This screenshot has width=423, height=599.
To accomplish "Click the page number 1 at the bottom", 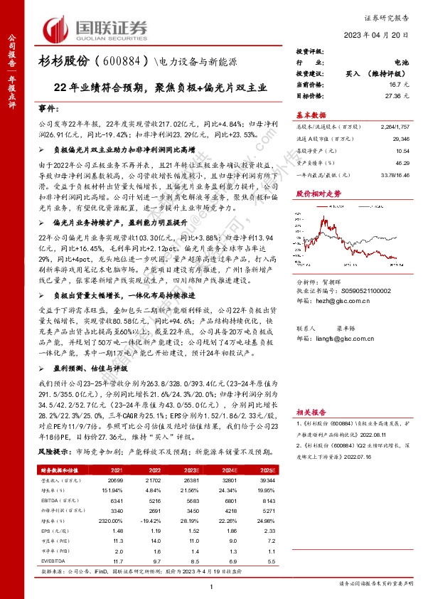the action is click(x=211, y=585).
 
